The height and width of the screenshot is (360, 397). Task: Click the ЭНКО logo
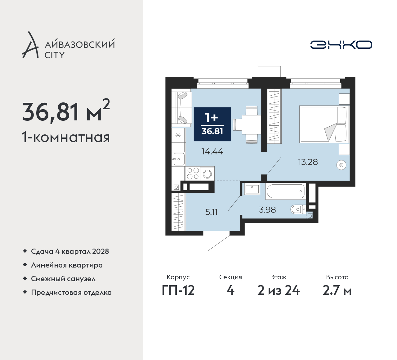tap(341, 45)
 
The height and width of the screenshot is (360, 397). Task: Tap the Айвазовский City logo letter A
tap(30, 45)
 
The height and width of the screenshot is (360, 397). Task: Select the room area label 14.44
tap(212, 152)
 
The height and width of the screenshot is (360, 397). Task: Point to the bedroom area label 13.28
tap(308, 162)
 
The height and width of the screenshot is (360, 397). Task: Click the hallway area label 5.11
tap(211, 212)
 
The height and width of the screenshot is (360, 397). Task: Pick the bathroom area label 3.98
tap(267, 210)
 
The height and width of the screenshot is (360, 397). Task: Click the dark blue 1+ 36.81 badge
tap(212, 124)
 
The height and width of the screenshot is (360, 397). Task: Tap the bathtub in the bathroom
tap(285, 191)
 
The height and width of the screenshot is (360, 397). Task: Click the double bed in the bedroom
tap(324, 124)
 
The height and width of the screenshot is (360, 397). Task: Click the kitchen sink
tap(179, 159)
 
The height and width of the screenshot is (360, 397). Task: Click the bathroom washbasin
tap(252, 189)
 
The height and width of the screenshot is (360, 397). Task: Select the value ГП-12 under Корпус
tap(178, 290)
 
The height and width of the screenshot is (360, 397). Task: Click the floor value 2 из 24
tap(279, 290)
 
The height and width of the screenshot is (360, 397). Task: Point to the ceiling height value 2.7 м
tap(337, 290)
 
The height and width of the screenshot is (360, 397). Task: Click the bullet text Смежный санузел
tap(63, 279)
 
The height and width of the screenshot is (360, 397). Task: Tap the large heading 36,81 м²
tap(66, 111)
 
